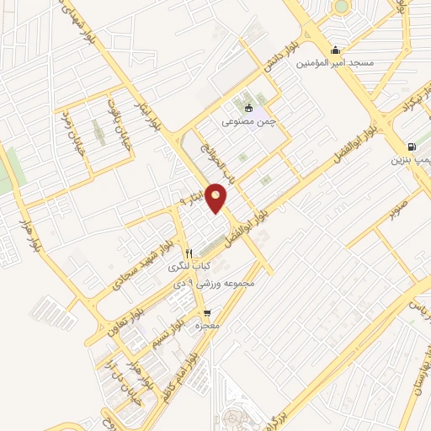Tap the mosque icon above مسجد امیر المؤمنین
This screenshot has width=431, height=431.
336,49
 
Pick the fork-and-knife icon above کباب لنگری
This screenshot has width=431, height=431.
189,253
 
